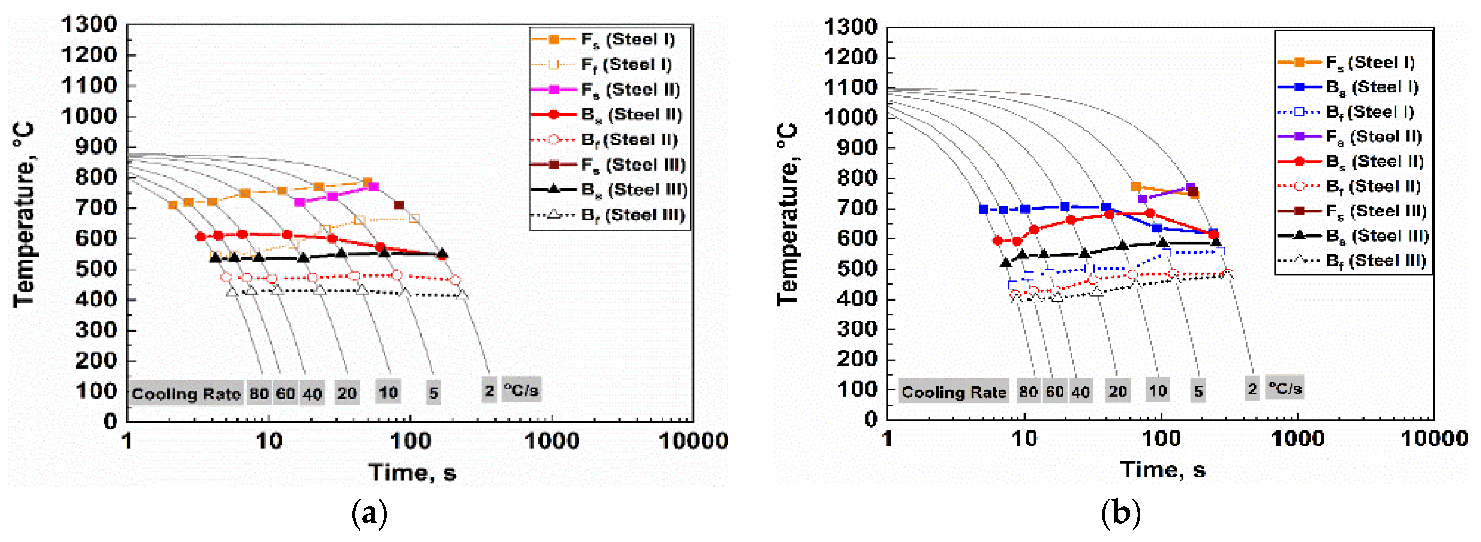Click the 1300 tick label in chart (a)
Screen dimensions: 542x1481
point(89,25)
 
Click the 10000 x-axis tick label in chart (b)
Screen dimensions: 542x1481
point(1434,439)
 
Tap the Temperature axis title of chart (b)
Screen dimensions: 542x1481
point(788,214)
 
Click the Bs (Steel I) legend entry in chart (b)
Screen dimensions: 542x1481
point(1371,87)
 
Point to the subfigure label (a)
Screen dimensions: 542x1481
point(369,512)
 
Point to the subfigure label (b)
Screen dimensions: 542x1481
point(1120,512)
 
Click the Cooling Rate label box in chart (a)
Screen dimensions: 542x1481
point(186,394)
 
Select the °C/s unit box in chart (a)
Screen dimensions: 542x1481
point(521,391)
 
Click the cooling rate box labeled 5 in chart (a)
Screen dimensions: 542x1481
point(434,393)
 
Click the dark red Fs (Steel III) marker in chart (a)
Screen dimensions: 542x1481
point(400,205)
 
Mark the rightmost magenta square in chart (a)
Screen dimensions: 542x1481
point(374,187)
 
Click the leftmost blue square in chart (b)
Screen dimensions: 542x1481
point(984,210)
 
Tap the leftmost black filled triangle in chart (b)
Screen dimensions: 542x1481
point(1006,263)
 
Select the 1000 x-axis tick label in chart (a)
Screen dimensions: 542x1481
point(552,441)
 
